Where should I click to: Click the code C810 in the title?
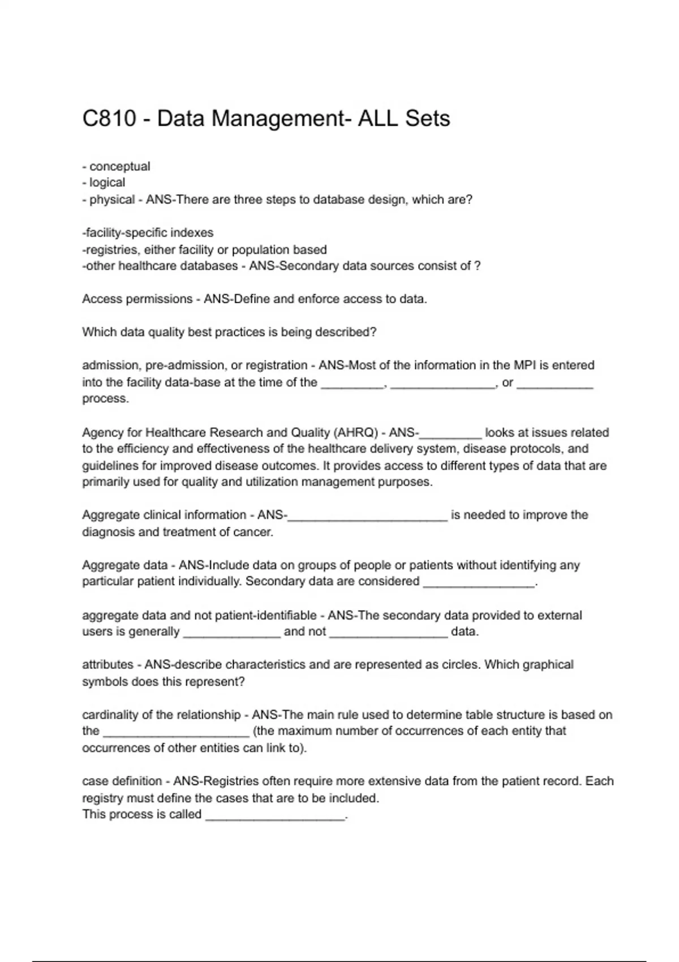click(x=109, y=119)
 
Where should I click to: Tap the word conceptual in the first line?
click(x=119, y=166)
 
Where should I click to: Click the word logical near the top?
click(x=107, y=183)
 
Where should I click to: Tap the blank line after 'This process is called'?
click(x=275, y=817)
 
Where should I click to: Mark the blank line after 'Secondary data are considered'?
click(x=479, y=583)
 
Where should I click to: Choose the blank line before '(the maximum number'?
click(x=176, y=733)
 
